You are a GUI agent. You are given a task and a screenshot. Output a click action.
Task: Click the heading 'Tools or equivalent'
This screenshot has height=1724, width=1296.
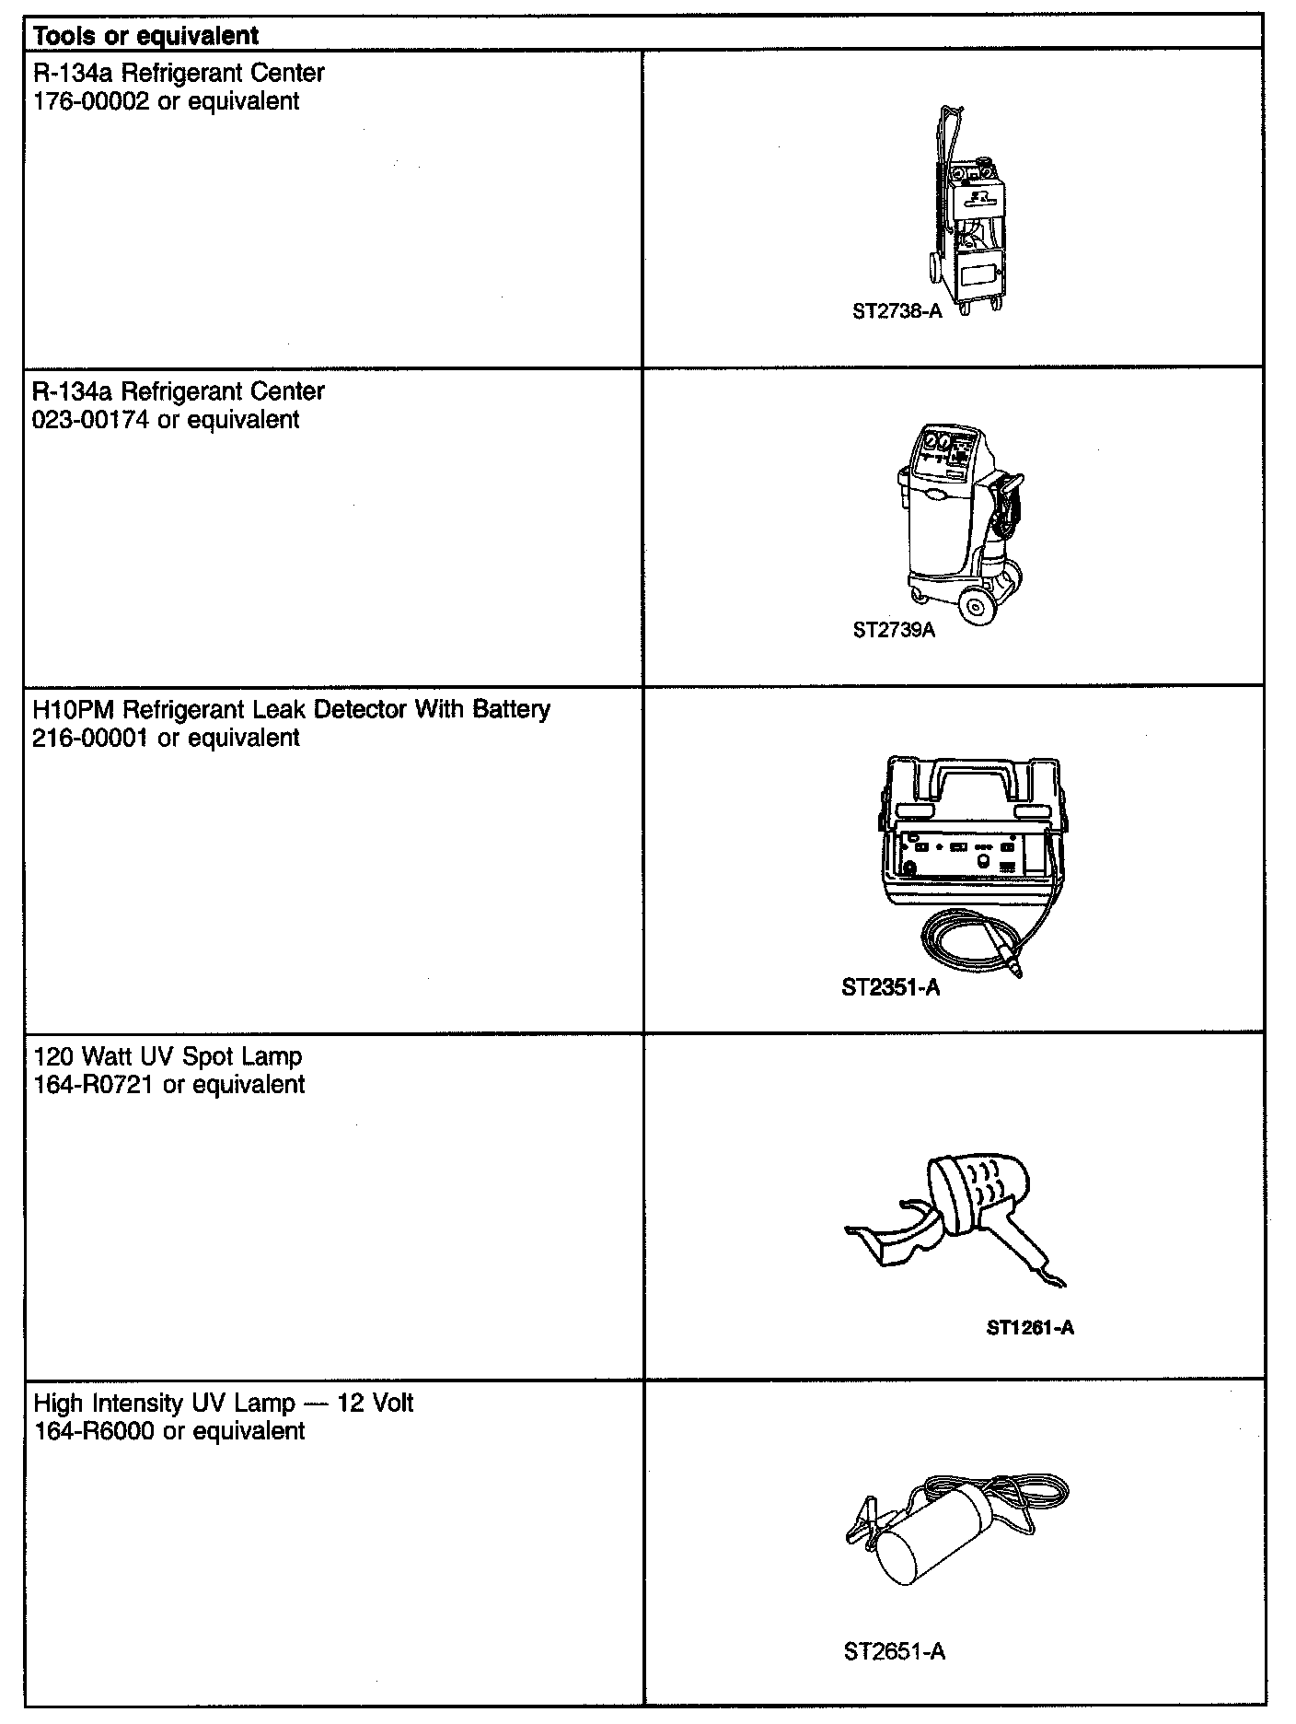point(145,36)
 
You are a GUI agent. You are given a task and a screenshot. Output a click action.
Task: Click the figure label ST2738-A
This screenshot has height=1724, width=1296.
point(897,311)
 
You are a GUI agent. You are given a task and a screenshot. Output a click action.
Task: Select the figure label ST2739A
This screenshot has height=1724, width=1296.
point(894,631)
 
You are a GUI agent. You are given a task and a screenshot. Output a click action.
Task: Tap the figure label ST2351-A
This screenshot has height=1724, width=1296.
point(890,988)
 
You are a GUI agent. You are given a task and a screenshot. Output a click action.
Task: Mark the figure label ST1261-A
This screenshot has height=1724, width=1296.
point(1030,1327)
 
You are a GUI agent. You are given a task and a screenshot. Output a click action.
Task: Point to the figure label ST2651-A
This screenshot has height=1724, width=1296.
point(894,1651)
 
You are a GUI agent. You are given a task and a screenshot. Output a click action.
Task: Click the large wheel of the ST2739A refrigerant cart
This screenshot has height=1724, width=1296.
point(977,607)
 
